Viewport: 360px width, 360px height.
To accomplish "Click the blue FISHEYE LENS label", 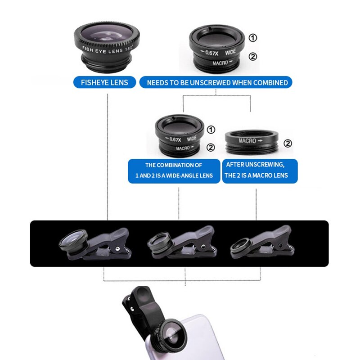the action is click(x=104, y=82).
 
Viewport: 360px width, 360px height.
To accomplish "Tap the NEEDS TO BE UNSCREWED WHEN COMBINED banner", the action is click(x=216, y=82).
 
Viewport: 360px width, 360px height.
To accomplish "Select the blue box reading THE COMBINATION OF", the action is click(x=174, y=171).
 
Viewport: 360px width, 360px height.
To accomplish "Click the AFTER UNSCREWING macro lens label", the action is click(x=260, y=171).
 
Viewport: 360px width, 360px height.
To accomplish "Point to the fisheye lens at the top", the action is click(x=107, y=47).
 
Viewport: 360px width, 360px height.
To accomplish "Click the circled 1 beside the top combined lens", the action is click(x=253, y=38).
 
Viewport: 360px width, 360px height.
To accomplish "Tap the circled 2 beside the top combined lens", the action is click(x=253, y=56).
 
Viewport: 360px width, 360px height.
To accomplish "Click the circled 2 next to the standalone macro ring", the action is click(x=288, y=143).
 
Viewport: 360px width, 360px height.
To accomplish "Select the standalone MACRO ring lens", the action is click(x=252, y=142).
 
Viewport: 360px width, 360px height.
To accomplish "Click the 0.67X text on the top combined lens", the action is click(x=211, y=53).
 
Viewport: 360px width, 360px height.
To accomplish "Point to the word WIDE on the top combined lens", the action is click(x=230, y=52).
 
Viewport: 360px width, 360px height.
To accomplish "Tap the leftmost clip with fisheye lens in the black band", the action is click(x=95, y=244).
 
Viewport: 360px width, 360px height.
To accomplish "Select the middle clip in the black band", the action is click(x=182, y=243).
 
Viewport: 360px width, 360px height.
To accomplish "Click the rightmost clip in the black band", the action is click(x=262, y=242).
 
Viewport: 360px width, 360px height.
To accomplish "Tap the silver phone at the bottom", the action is click(x=184, y=337).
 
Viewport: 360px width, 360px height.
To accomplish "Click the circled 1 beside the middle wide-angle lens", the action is click(x=211, y=130).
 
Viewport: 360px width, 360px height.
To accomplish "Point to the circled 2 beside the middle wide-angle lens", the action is click(x=211, y=148).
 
